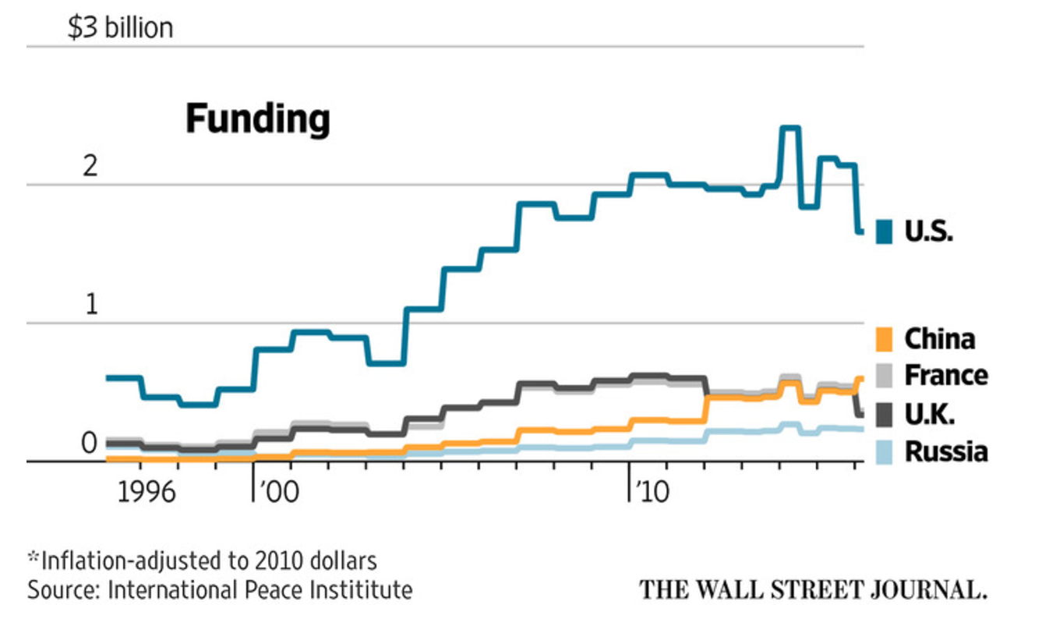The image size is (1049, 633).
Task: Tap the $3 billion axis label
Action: tap(121, 29)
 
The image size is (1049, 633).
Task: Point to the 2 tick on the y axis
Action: tap(92, 167)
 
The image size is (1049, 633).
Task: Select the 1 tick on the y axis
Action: tap(92, 306)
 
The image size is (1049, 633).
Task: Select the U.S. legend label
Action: tap(929, 232)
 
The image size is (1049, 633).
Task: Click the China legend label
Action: tap(939, 339)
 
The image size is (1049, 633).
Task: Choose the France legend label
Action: tap(945, 376)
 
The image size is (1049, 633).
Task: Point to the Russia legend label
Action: tap(945, 452)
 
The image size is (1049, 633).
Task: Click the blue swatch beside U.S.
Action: tap(884, 232)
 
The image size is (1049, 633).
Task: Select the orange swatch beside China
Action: tap(884, 340)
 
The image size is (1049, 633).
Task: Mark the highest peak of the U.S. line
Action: tap(790, 127)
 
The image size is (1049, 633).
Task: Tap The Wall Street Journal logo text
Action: tap(813, 589)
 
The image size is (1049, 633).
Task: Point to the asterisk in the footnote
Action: tap(33, 557)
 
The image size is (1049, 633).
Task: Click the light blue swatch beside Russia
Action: tap(884, 452)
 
